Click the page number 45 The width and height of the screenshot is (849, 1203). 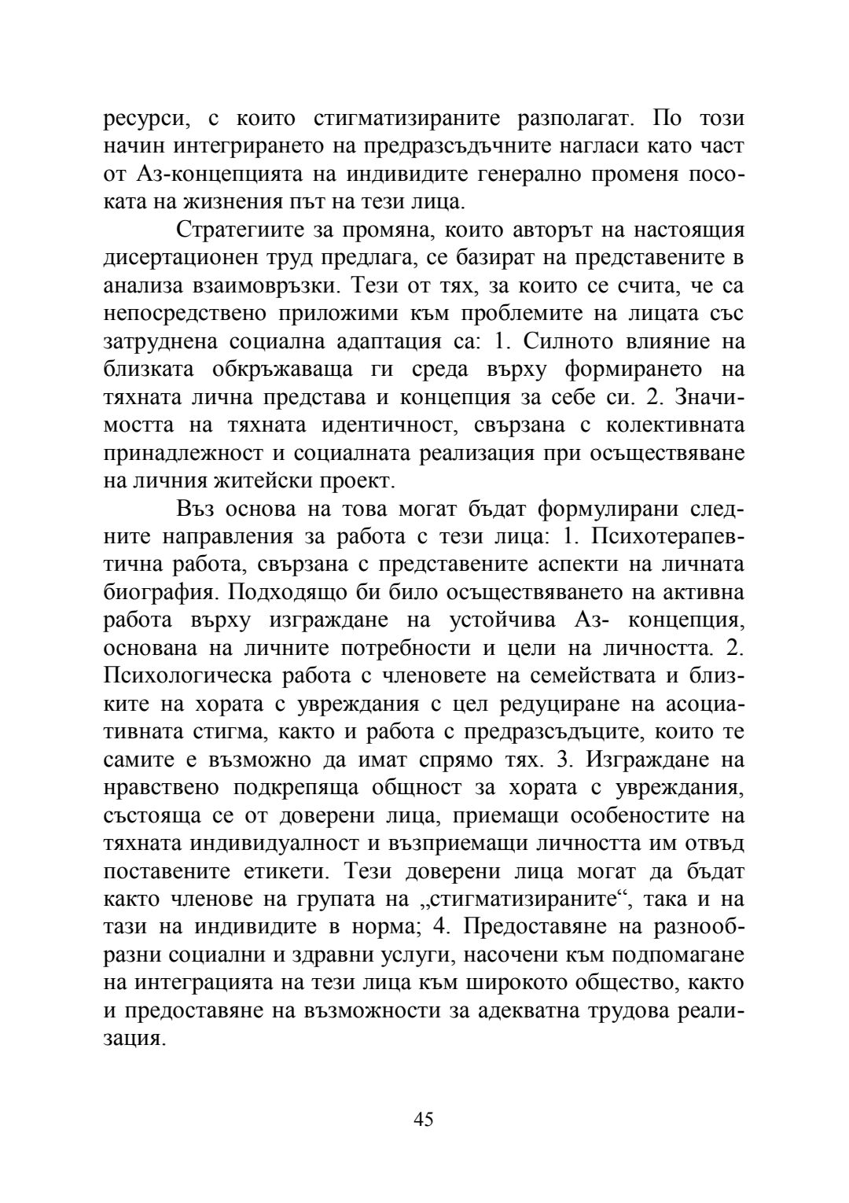tap(423, 1119)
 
